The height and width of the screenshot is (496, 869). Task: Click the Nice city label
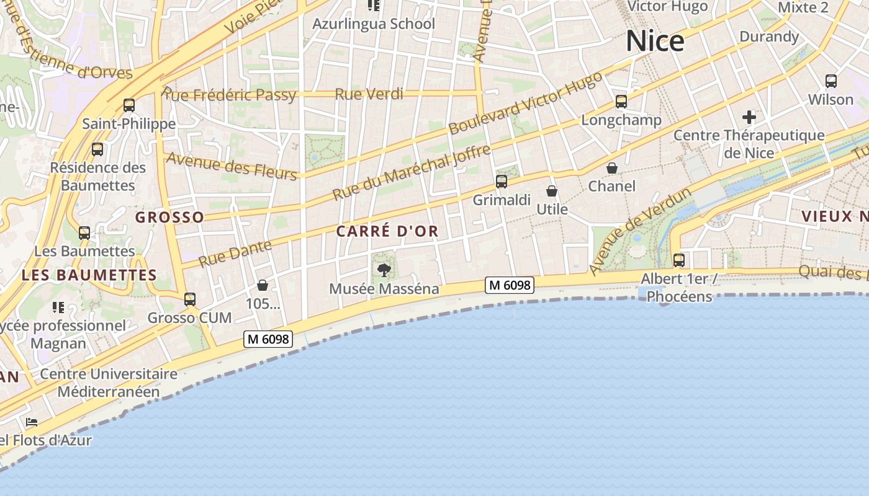(655, 42)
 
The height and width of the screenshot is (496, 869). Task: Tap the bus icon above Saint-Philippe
(129, 105)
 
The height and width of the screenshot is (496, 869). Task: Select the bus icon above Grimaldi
(502, 182)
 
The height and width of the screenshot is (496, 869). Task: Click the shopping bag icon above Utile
(552, 191)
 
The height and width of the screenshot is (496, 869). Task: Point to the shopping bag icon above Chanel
(612, 168)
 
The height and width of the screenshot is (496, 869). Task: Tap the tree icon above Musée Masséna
(384, 270)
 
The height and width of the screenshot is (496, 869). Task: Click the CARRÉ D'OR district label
(387, 231)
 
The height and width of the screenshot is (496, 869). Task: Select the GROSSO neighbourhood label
(169, 217)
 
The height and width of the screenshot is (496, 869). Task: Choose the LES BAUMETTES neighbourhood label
(89, 275)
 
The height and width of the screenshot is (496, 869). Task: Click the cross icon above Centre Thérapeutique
(749, 117)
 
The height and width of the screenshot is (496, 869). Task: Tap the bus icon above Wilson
(831, 81)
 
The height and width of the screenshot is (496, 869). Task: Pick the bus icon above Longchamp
(621, 102)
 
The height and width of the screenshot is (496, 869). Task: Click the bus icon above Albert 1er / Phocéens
(679, 260)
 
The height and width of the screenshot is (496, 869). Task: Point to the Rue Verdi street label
(369, 94)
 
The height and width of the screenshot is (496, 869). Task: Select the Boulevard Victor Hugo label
(525, 103)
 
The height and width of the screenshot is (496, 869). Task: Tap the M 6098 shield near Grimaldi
(510, 285)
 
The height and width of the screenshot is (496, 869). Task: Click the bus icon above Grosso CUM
(190, 299)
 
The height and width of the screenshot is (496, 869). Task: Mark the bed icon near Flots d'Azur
(32, 422)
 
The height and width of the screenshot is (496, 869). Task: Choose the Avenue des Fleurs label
(232, 166)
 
